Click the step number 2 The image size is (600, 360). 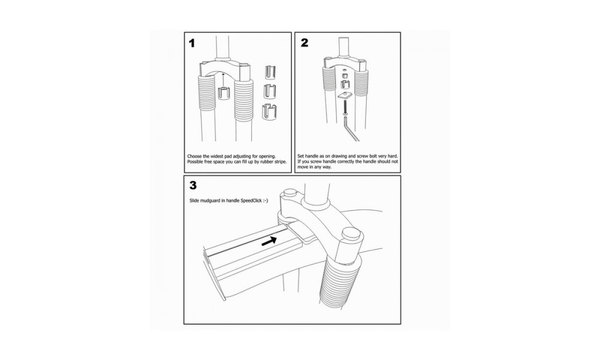304,43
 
